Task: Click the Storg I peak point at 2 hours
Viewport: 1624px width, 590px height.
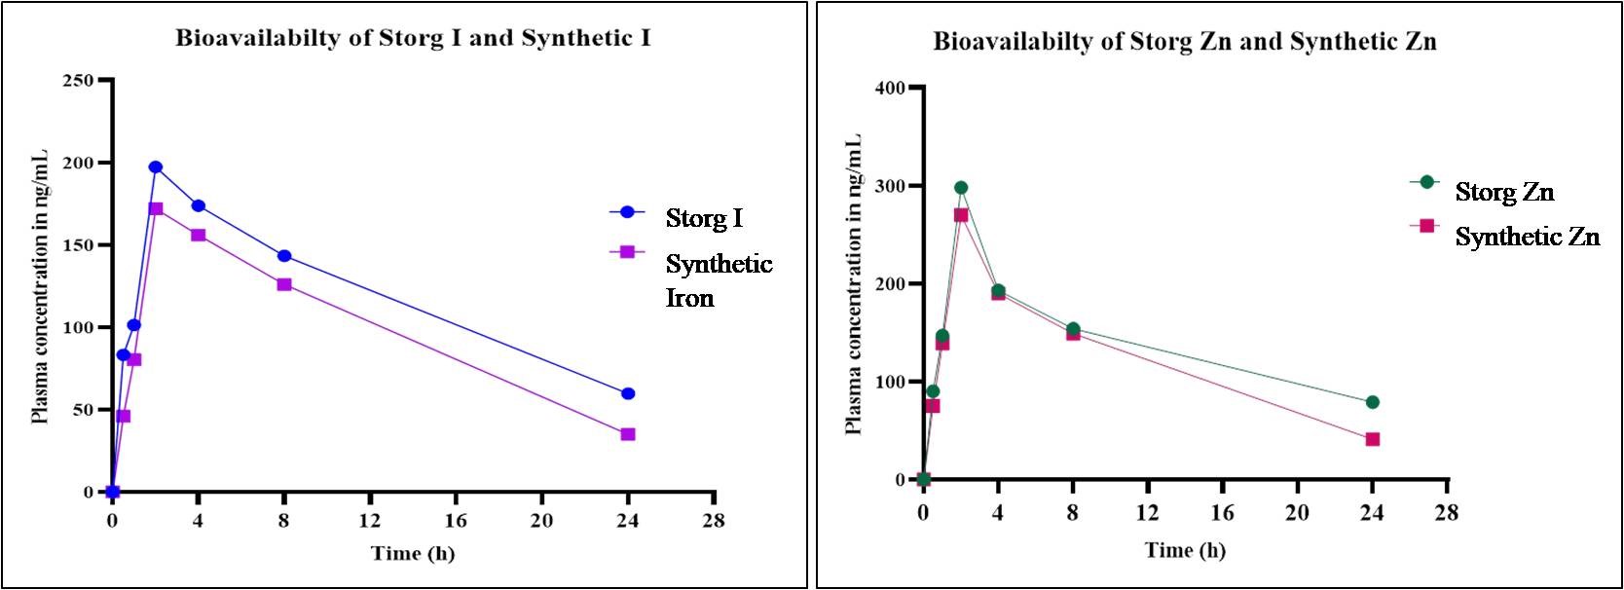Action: pyautogui.click(x=156, y=167)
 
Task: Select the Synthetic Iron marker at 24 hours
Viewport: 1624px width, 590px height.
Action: pyautogui.click(x=628, y=434)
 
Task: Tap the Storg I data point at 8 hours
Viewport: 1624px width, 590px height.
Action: pyautogui.click(x=284, y=256)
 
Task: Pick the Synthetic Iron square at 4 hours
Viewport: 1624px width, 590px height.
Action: pyautogui.click(x=199, y=235)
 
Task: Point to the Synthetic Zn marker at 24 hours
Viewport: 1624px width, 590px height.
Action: pyautogui.click(x=1373, y=439)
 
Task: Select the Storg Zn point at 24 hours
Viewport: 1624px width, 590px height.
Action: pyautogui.click(x=1373, y=402)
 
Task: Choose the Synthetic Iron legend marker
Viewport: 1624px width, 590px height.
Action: pyautogui.click(x=627, y=251)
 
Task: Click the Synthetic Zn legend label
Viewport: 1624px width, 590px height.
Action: pyautogui.click(x=1527, y=237)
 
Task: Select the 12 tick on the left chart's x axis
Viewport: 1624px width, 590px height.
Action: pyautogui.click(x=370, y=521)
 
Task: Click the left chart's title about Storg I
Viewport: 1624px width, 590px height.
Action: pyautogui.click(x=413, y=39)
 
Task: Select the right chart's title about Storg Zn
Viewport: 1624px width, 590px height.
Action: pyautogui.click(x=1184, y=42)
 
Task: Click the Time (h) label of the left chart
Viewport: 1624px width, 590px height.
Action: pyautogui.click(x=412, y=554)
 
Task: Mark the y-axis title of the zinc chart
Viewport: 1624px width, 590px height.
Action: pyautogui.click(x=854, y=282)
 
